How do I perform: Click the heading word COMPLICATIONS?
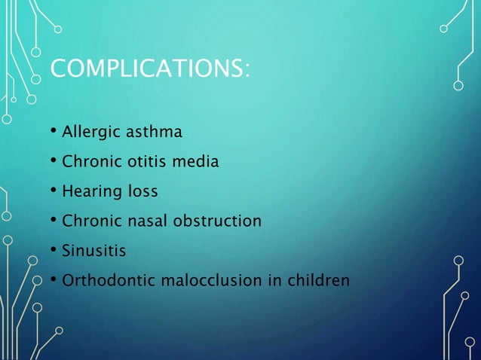pyautogui.click(x=146, y=70)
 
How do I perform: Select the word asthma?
pyautogui.click(x=156, y=133)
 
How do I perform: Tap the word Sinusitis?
pyautogui.click(x=94, y=251)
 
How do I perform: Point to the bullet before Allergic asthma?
pyautogui.click(x=54, y=133)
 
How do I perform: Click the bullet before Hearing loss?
pyautogui.click(x=54, y=192)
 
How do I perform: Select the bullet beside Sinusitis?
pyautogui.click(x=54, y=251)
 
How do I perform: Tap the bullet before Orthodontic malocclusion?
pyautogui.click(x=54, y=281)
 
